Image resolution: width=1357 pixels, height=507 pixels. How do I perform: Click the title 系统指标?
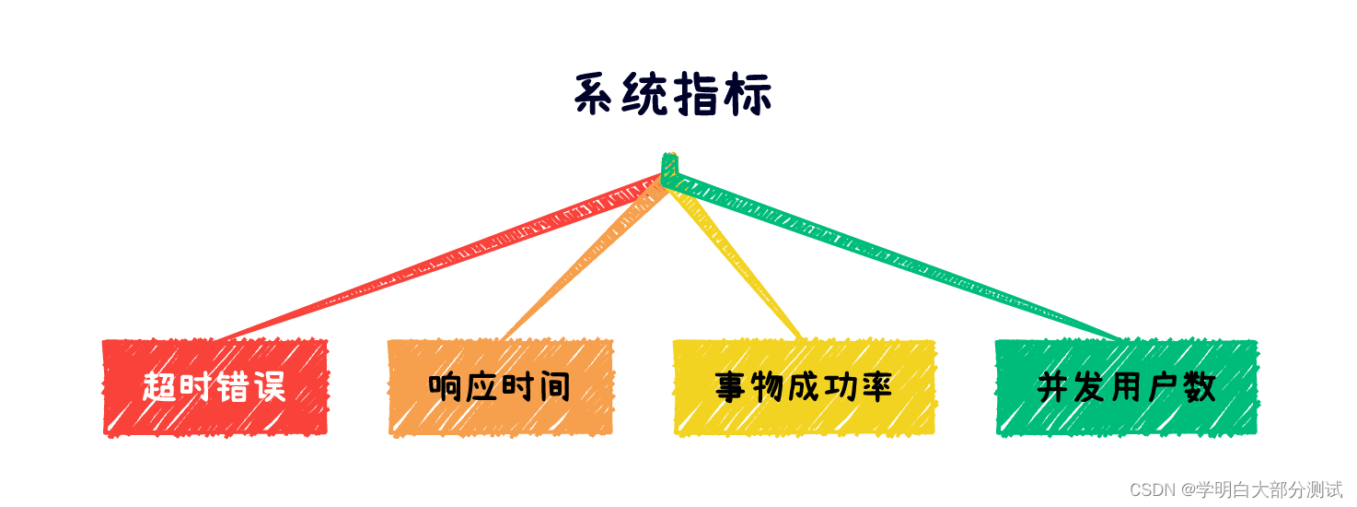(673, 96)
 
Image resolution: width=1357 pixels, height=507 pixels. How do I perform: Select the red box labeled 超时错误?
(215, 387)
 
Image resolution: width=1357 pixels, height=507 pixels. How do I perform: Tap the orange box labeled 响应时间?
(500, 387)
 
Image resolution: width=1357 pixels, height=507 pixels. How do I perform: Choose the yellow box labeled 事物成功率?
(804, 387)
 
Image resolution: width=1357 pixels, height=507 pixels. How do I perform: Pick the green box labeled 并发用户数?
(1126, 387)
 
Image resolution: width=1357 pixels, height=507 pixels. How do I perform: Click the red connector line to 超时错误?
(442, 258)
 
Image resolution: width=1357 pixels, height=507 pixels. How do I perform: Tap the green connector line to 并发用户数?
(893, 258)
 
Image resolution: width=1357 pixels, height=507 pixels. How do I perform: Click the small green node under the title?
(669, 167)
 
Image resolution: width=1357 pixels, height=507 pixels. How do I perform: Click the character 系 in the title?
(596, 96)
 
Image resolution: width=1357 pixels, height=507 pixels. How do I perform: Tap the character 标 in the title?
(748, 96)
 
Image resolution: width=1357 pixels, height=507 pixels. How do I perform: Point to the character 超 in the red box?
(159, 387)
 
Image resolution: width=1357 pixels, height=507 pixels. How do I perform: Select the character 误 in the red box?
(270, 387)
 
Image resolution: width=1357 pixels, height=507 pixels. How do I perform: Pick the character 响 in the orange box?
(445, 387)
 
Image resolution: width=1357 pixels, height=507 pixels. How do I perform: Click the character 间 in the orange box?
(555, 387)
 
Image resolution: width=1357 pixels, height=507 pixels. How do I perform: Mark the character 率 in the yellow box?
(876, 387)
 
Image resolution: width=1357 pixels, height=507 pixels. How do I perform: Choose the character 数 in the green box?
(1200, 387)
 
